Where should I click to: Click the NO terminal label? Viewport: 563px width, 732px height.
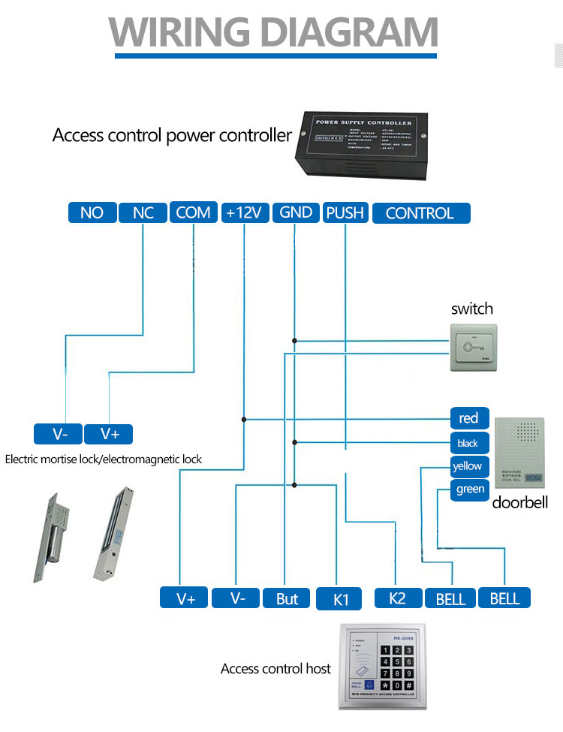pos(92,212)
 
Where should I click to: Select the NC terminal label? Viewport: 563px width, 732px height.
pos(143,212)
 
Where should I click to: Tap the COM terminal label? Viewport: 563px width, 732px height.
pos(193,212)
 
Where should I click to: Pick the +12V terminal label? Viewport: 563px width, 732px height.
pos(244,212)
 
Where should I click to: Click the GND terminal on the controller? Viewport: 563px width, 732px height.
pos(295,212)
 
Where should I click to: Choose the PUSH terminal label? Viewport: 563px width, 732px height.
pos(345,212)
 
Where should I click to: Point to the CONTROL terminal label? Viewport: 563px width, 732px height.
pos(420,213)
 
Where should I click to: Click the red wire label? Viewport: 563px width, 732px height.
pos(468,418)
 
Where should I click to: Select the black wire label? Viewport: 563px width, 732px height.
pos(468,442)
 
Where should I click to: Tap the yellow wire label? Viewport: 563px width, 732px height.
pos(468,466)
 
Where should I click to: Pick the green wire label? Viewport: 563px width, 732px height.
pos(470,490)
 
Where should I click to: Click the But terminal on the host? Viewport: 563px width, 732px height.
pos(287,598)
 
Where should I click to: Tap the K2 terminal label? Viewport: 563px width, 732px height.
pos(397,598)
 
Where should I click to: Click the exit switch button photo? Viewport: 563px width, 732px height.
pos(473,347)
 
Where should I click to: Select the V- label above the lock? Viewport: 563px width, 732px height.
pos(60,434)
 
